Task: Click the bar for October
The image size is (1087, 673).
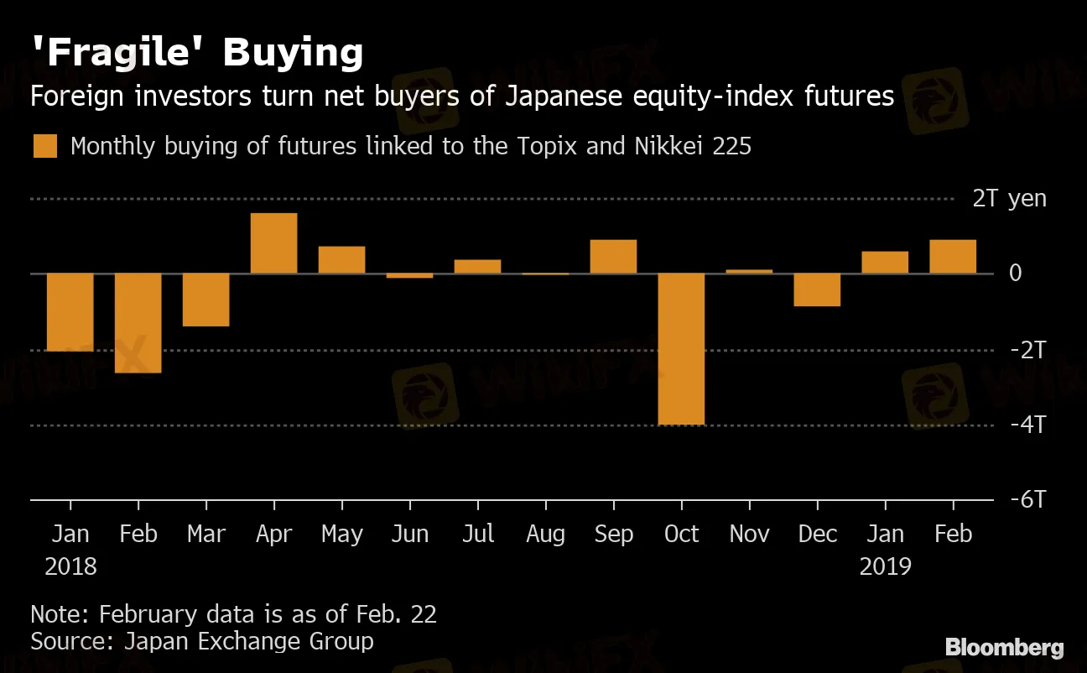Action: click(681, 348)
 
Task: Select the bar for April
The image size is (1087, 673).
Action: click(273, 243)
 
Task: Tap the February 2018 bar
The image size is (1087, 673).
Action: click(138, 323)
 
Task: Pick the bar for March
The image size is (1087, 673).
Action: click(205, 300)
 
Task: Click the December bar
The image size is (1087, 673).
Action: click(817, 290)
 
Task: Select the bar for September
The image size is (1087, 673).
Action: click(613, 257)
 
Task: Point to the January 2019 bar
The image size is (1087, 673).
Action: click(885, 263)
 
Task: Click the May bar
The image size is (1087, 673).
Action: click(341, 260)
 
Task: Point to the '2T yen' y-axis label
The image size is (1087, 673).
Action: click(1009, 199)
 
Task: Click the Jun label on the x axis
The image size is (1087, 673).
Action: click(409, 535)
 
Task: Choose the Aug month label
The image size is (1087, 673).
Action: click(545, 535)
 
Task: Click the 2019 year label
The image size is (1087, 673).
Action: click(885, 566)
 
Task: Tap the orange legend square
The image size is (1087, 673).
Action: click(45, 146)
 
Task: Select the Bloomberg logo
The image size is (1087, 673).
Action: click(1004, 647)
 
